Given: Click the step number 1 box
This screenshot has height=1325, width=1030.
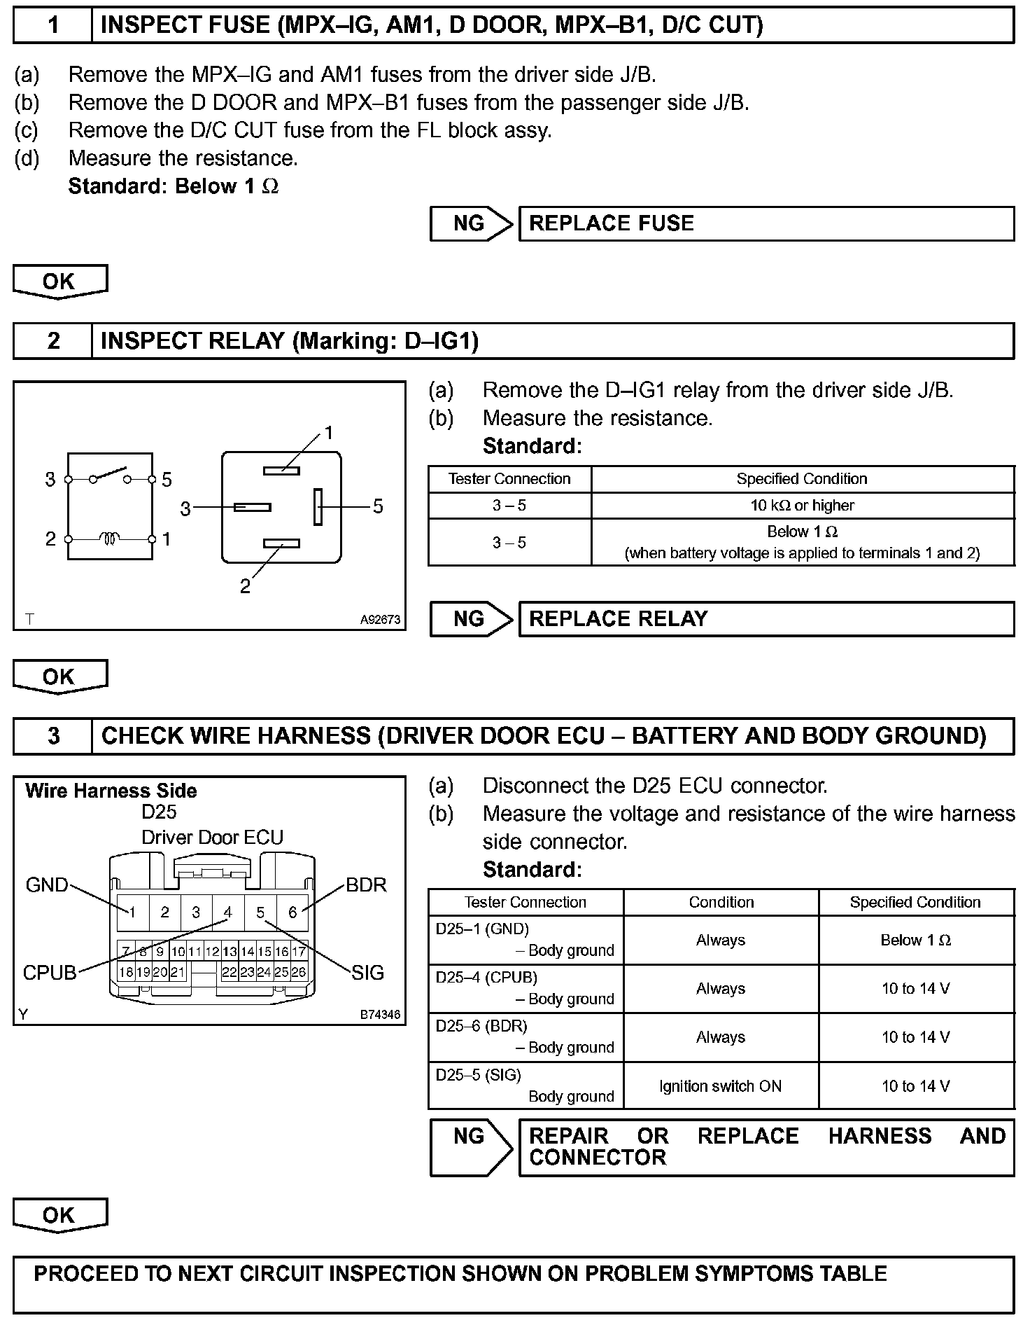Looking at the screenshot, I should click(53, 25).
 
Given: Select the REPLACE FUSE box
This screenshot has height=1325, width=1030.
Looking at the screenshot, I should click(766, 223).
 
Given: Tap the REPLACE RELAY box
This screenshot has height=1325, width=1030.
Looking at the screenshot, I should click(766, 619).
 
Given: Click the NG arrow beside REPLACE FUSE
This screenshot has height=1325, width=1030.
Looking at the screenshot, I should click(471, 223).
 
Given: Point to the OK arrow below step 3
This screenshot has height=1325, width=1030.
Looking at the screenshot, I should click(59, 1216).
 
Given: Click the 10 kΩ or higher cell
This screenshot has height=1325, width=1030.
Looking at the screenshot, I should click(802, 506).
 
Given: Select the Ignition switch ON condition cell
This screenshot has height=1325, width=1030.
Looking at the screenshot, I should click(720, 1086).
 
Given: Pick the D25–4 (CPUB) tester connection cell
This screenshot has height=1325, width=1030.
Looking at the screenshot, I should click(525, 988).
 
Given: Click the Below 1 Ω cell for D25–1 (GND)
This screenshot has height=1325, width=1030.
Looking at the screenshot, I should click(915, 940).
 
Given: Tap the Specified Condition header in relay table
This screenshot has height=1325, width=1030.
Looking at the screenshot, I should click(802, 479).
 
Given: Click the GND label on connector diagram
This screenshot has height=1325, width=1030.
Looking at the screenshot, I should click(47, 885).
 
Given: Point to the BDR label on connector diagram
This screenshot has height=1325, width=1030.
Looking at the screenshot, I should click(366, 885).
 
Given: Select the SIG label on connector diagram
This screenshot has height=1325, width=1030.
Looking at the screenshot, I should click(367, 973).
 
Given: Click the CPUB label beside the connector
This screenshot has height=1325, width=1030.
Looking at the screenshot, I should click(50, 973).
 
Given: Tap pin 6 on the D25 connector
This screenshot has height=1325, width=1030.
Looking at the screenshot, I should click(292, 912).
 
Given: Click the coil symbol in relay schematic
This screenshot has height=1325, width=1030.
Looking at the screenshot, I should click(110, 539).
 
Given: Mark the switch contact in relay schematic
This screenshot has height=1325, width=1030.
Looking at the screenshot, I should click(110, 474).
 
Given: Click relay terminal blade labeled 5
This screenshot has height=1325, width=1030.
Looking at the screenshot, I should click(318, 506).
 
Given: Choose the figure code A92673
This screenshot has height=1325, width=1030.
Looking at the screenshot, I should click(380, 620).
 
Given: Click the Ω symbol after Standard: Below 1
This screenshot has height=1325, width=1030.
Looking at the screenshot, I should click(271, 187).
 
